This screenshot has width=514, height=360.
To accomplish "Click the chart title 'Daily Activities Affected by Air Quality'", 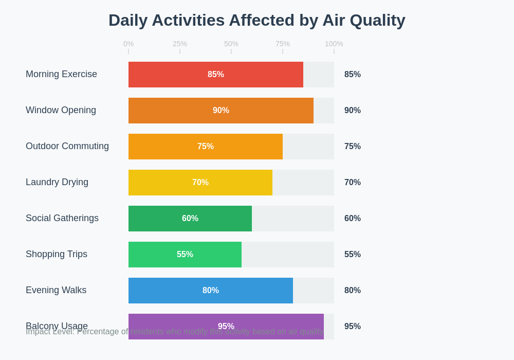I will click(256, 20).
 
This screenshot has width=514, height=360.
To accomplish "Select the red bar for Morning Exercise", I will click(215, 75).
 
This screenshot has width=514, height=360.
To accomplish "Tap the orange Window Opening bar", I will click(221, 111).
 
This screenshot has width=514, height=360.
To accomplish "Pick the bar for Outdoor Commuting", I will click(205, 147).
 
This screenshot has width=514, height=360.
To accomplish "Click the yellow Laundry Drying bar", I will click(200, 183).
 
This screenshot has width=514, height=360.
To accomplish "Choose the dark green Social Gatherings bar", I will click(190, 219).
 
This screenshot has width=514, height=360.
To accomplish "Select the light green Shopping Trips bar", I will click(185, 255).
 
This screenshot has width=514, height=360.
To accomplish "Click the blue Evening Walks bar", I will click(210, 291).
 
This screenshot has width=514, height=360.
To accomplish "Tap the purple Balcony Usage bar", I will click(226, 320).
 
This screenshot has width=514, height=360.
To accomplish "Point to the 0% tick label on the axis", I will click(128, 44).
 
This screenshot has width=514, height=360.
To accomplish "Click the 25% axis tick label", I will click(180, 44).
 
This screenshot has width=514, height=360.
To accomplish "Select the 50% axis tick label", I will click(231, 44).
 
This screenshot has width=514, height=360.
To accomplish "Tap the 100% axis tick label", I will click(334, 44).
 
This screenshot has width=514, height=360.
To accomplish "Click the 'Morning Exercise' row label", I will click(61, 74).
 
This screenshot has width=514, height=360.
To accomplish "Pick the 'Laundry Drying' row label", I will click(57, 182).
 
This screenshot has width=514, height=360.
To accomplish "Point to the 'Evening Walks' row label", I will click(56, 290).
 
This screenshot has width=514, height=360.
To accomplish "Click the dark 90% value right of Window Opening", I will click(353, 111).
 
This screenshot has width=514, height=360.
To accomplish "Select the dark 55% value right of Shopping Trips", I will click(353, 255).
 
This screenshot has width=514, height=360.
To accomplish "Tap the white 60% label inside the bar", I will click(190, 219).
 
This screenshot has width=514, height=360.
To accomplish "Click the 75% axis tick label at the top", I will click(283, 44).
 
